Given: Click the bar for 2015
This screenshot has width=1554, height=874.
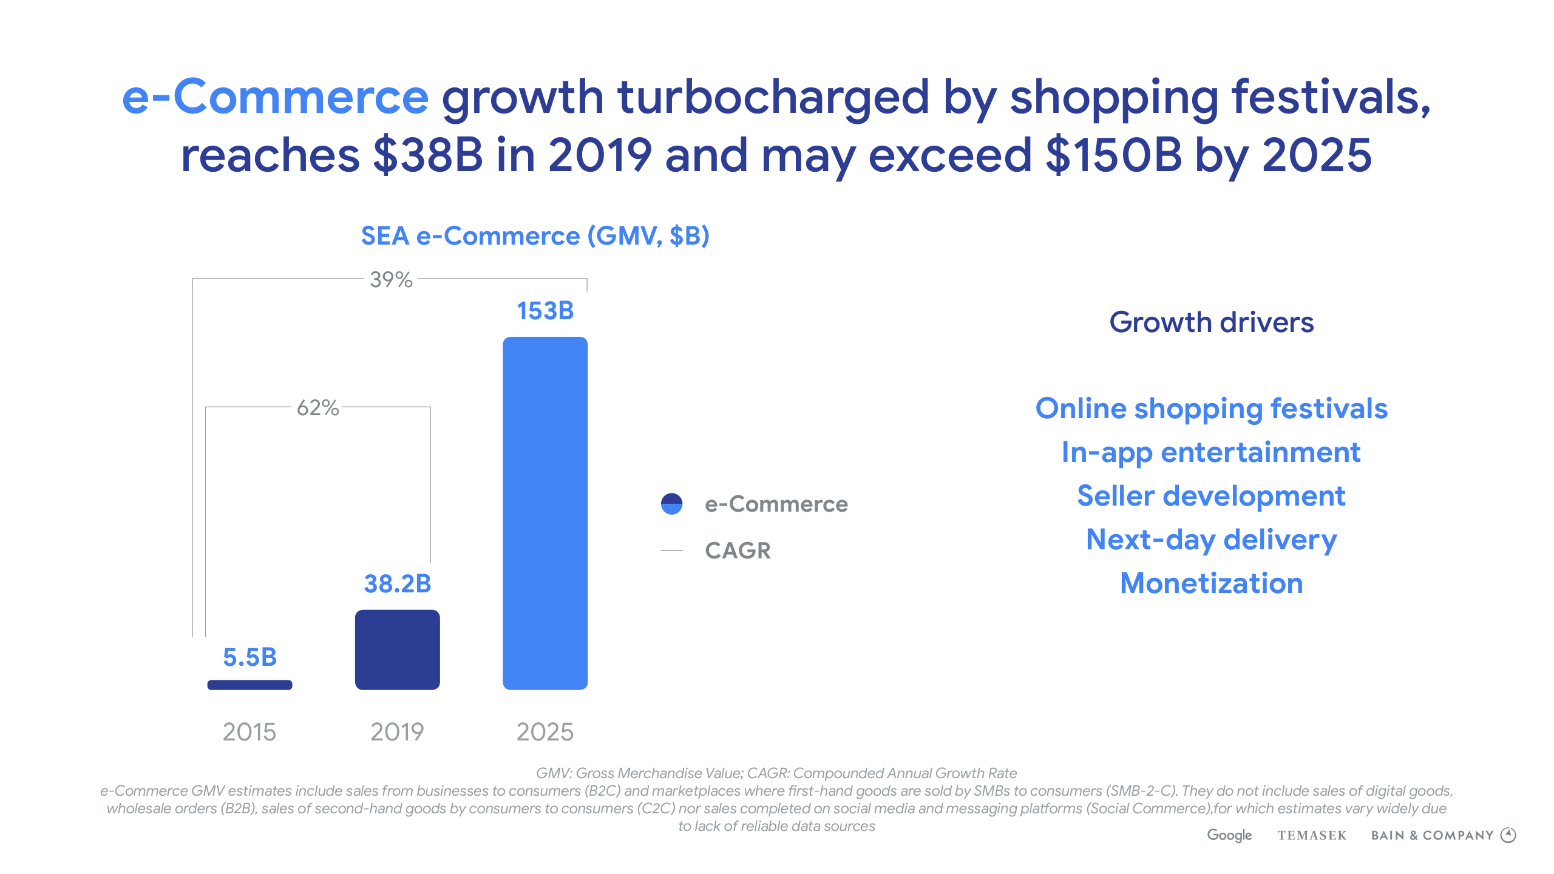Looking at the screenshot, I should [x=249, y=685].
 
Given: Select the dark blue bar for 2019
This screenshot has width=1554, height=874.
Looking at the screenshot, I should [x=397, y=649].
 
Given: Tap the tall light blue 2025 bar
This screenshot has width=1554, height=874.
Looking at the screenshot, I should [x=545, y=513].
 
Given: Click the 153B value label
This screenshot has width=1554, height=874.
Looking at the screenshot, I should [x=545, y=311].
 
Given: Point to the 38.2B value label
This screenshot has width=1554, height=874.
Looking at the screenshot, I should [x=397, y=584].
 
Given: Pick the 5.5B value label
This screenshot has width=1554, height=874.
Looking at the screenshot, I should [x=249, y=657].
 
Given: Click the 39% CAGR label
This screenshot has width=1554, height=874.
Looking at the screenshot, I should [x=391, y=280].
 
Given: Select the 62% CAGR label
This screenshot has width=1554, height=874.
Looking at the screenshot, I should [x=317, y=408].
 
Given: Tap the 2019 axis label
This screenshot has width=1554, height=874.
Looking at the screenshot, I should [x=397, y=732].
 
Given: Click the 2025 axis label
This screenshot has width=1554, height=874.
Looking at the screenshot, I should [x=545, y=732].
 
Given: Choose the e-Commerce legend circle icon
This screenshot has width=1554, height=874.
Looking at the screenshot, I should [x=671, y=504].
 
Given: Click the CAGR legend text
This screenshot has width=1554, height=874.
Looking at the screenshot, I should [x=738, y=550].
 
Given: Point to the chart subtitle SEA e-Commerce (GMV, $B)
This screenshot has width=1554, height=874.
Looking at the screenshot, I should [x=535, y=236].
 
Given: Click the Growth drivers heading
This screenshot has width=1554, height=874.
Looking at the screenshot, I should [x=1211, y=322].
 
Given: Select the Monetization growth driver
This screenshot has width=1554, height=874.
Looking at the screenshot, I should [x=1211, y=583].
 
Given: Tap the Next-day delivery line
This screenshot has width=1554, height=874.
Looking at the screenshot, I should [x=1211, y=540].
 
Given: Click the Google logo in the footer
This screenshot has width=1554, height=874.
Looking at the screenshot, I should [x=1229, y=835].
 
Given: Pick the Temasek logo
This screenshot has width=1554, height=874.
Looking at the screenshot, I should [x=1312, y=836].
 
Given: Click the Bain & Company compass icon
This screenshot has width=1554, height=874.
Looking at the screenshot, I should [x=1508, y=835].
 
